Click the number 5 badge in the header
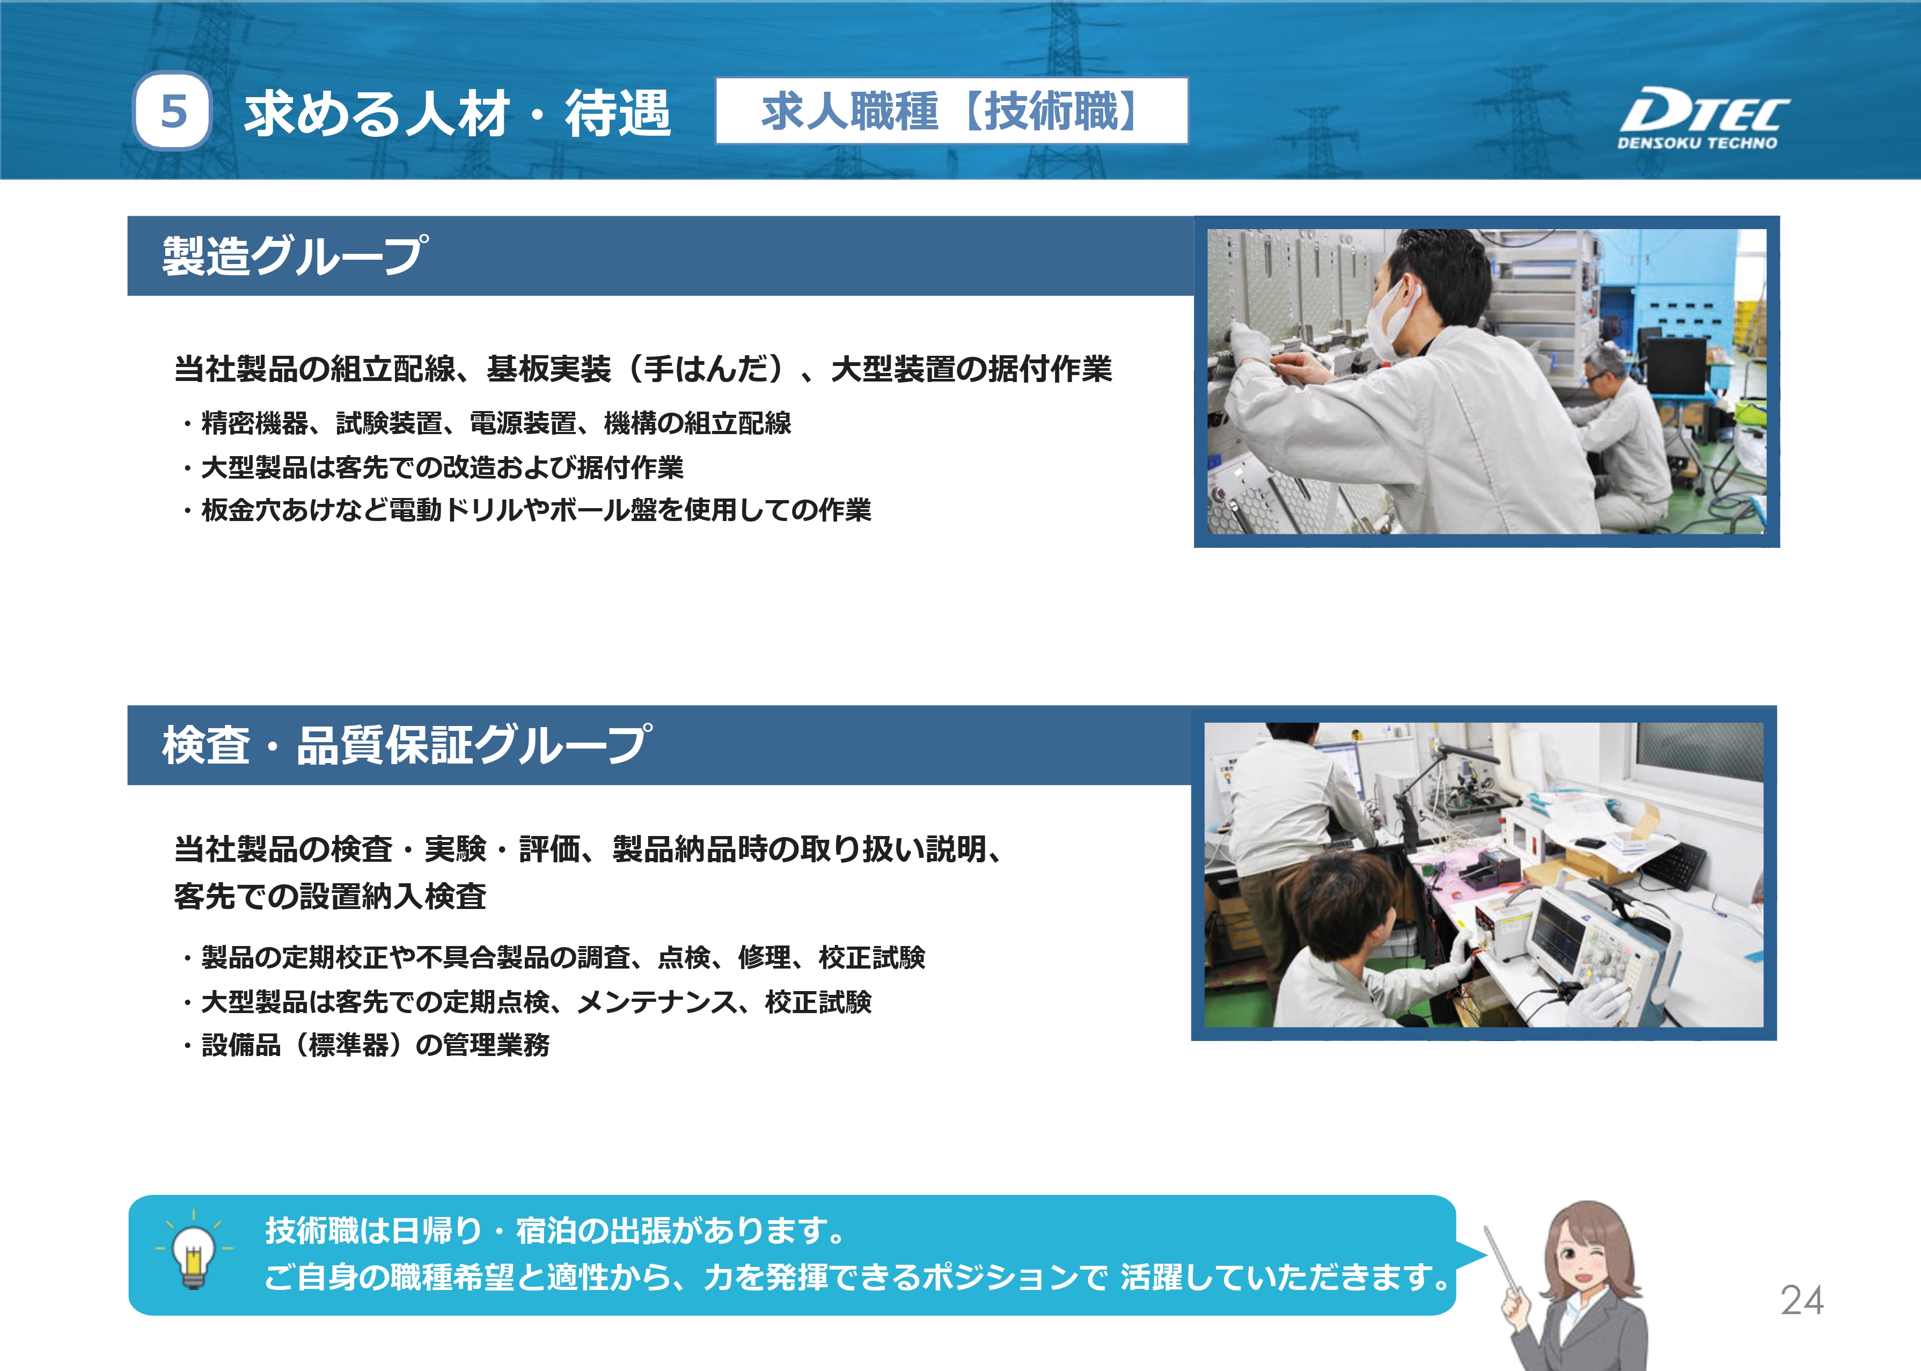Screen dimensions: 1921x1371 pyautogui.click(x=172, y=112)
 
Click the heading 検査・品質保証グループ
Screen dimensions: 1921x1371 pyautogui.click(x=407, y=745)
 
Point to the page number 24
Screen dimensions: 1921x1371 pyautogui.click(x=1802, y=1300)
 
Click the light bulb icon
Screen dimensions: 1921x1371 pyautogui.click(x=194, y=1253)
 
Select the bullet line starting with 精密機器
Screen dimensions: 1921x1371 pyautogui.click(x=487, y=423)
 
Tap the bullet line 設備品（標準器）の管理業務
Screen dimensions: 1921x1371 pyautogui.click(x=365, y=1045)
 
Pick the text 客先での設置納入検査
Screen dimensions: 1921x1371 pyautogui.click(x=330, y=896)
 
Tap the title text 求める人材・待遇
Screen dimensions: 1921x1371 pyautogui.click(x=458, y=113)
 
